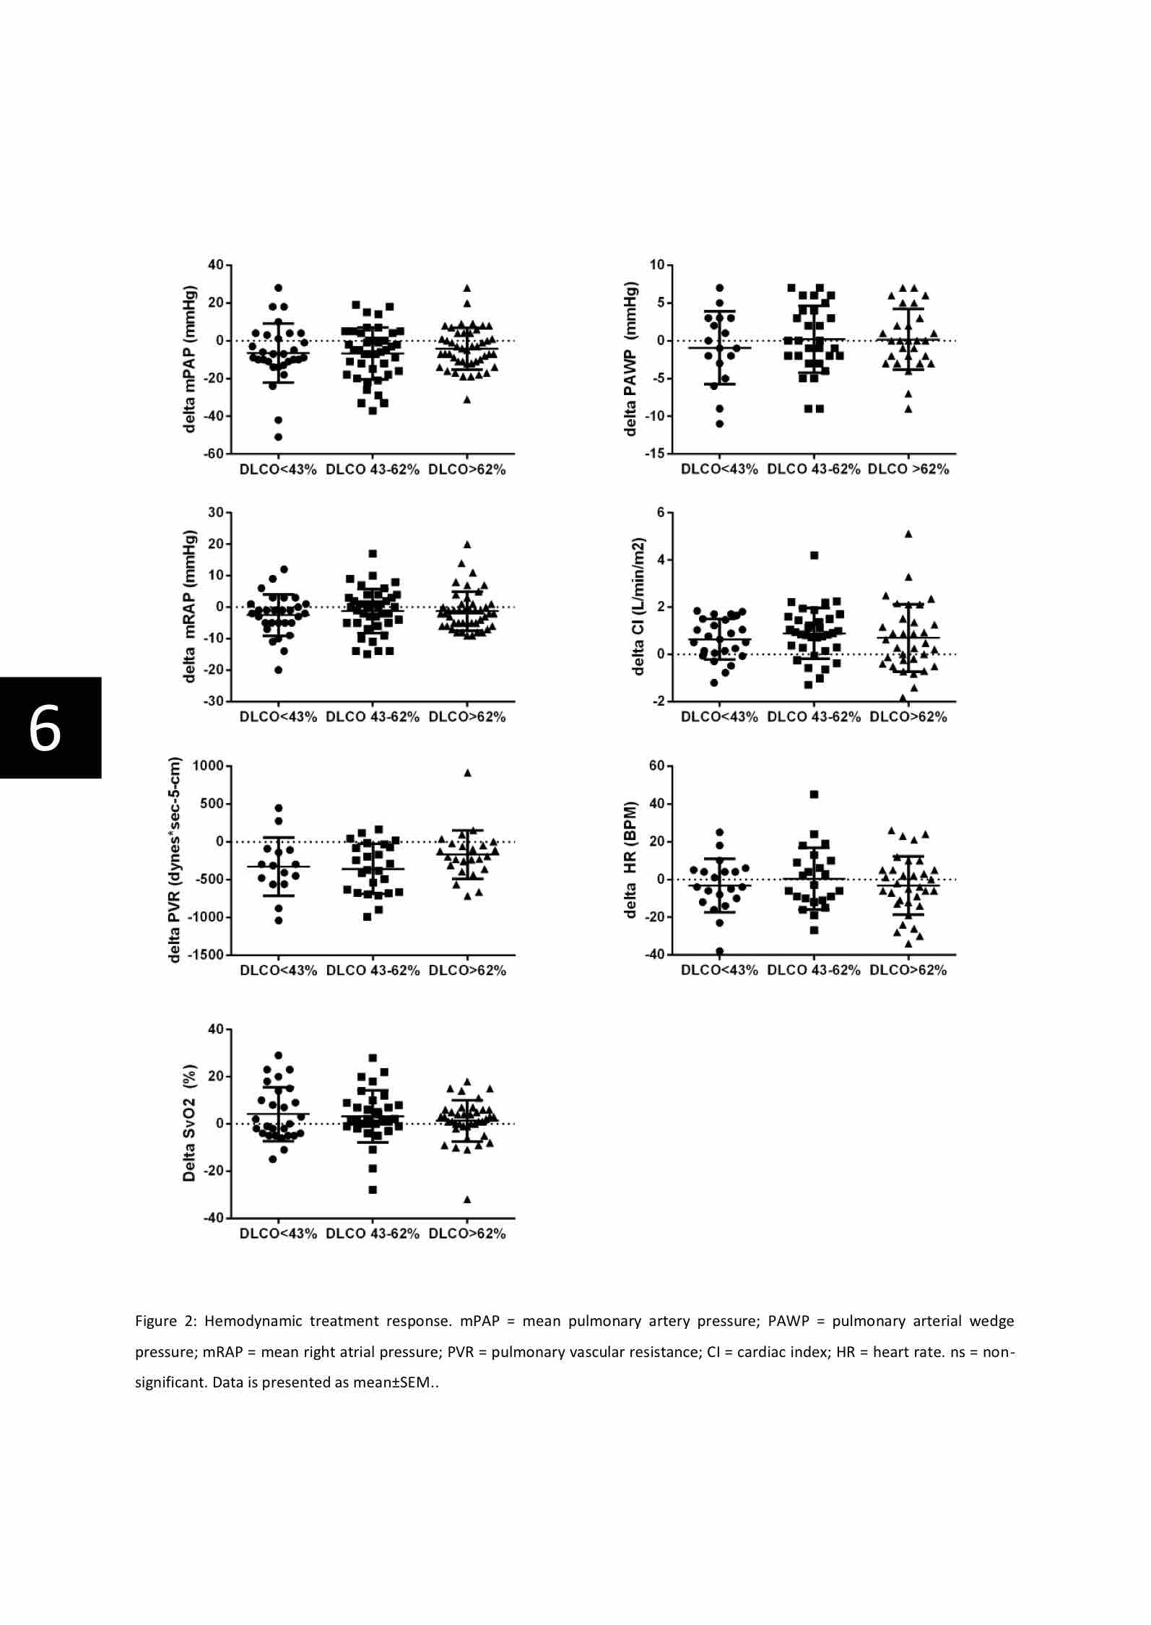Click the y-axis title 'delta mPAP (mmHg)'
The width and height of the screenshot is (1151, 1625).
click(190, 359)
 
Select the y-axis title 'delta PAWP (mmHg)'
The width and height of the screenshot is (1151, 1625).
click(631, 359)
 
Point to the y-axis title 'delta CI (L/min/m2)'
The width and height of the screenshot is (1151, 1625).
click(638, 607)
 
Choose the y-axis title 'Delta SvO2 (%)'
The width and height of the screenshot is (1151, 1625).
click(189, 1123)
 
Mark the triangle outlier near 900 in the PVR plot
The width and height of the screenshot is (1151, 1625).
click(467, 773)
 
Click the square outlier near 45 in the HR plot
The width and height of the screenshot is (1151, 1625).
click(814, 794)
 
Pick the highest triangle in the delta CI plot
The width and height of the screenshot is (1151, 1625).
click(908, 534)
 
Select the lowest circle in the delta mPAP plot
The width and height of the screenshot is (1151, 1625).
click(278, 437)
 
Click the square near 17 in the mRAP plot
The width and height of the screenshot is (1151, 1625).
click(373, 554)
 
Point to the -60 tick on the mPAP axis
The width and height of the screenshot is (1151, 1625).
click(214, 454)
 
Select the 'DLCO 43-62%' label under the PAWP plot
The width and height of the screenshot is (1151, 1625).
click(814, 469)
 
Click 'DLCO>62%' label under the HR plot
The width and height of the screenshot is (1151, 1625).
click(908, 970)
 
